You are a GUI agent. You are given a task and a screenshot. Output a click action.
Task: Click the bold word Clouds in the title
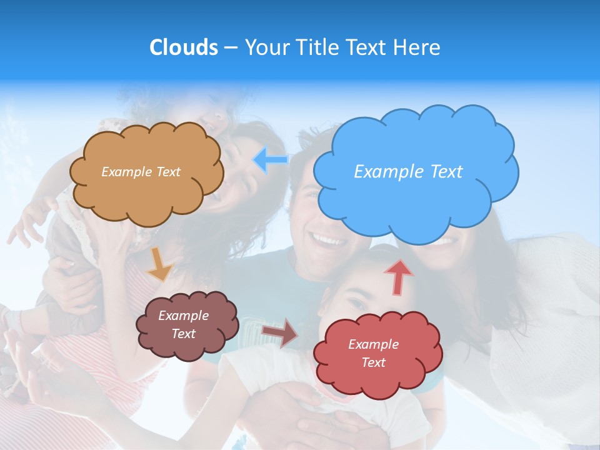(183, 47)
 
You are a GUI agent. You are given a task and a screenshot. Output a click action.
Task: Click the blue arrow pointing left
(270, 160)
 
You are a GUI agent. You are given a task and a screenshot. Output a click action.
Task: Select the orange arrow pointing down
(159, 265)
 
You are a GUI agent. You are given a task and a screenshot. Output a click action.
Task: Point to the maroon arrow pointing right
(280, 332)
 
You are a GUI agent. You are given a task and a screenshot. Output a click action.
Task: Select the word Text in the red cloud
(373, 363)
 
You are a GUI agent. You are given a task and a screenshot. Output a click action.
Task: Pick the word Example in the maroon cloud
(183, 316)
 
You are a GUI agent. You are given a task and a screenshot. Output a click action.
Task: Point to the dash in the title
(231, 48)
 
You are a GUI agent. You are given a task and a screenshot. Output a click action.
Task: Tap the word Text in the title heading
(368, 47)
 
